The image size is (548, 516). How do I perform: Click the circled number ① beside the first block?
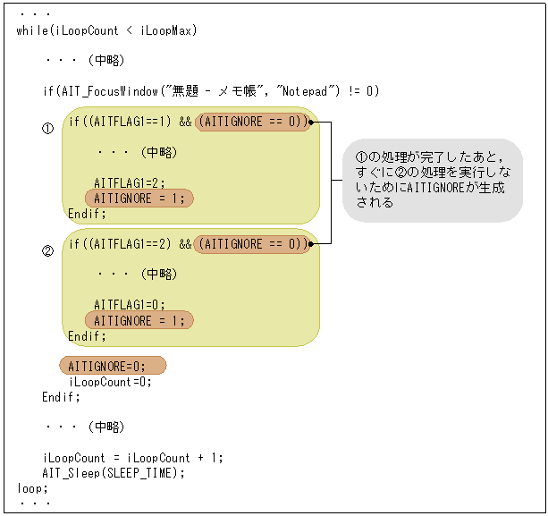pos(48,129)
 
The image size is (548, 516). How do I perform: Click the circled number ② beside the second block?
pos(48,251)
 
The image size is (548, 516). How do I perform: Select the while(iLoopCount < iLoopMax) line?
pos(106,31)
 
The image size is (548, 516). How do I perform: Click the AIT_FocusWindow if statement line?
pos(210,90)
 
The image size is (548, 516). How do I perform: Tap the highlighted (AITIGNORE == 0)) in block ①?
pos(253,122)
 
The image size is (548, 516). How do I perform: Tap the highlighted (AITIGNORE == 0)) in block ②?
pos(253,243)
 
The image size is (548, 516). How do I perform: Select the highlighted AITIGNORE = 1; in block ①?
pos(139,198)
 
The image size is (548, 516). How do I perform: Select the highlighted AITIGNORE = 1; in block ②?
pos(139,320)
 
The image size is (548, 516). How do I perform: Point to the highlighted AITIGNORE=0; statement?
pos(113,366)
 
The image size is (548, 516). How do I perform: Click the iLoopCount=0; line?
pos(110,381)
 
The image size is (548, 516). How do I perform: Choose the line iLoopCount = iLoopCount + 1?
pos(132,458)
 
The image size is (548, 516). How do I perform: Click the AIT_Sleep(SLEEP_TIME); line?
pos(114,473)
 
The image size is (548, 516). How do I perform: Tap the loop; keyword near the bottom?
pos(32,488)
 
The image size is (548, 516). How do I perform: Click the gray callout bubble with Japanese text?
pos(433,180)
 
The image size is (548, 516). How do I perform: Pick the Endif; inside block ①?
pos(87,214)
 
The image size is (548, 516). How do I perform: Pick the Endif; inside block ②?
pos(87,336)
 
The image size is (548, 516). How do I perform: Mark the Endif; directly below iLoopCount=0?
pos(61,396)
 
